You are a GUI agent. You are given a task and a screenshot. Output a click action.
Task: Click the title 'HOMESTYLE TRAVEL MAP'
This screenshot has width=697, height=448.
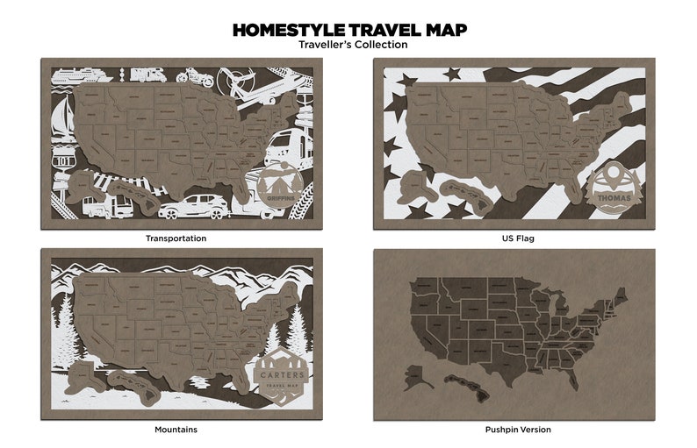(348, 30)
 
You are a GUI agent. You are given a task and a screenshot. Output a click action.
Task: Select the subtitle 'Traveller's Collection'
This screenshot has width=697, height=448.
(348, 45)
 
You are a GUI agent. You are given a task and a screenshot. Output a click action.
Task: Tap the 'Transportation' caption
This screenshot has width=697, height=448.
(176, 238)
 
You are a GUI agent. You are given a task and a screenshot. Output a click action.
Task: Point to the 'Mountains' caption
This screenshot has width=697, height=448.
(176, 430)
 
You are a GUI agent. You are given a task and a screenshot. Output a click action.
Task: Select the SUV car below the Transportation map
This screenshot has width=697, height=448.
(192, 208)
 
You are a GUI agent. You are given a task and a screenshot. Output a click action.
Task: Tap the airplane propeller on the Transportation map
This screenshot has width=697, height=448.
(235, 82)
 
